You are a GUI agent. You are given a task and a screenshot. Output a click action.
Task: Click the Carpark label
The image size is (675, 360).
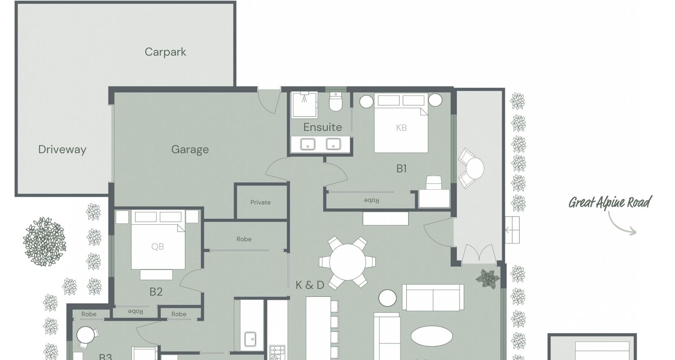click(165, 52)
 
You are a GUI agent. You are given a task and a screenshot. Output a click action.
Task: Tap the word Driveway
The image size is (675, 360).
click(62, 149)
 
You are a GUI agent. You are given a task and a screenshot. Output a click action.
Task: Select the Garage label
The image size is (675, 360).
click(190, 149)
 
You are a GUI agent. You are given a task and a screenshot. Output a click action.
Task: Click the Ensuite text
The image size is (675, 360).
click(322, 127)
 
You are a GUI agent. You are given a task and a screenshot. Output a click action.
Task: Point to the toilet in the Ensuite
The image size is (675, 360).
click(335, 102)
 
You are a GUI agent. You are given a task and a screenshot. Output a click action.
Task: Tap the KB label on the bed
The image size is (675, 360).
click(401, 128)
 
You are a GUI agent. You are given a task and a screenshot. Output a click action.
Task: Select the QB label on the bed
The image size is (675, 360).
click(157, 247)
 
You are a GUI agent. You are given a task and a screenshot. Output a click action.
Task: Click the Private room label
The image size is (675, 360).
click(261, 202)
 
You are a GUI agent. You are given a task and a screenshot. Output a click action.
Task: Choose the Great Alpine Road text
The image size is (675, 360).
click(610, 203)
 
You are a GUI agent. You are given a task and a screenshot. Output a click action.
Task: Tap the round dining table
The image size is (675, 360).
click(347, 262)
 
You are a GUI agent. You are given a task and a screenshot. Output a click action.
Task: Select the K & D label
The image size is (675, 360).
click(310, 285)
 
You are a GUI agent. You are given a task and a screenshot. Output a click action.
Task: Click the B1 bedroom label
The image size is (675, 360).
click(401, 169)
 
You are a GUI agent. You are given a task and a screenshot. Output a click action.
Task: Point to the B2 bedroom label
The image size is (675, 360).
click(156, 292)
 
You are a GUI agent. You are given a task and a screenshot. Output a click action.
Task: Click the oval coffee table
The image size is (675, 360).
click(432, 336)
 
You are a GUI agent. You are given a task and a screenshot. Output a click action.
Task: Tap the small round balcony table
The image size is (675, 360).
click(475, 168)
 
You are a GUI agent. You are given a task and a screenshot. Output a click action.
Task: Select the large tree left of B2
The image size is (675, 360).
click(44, 242)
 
